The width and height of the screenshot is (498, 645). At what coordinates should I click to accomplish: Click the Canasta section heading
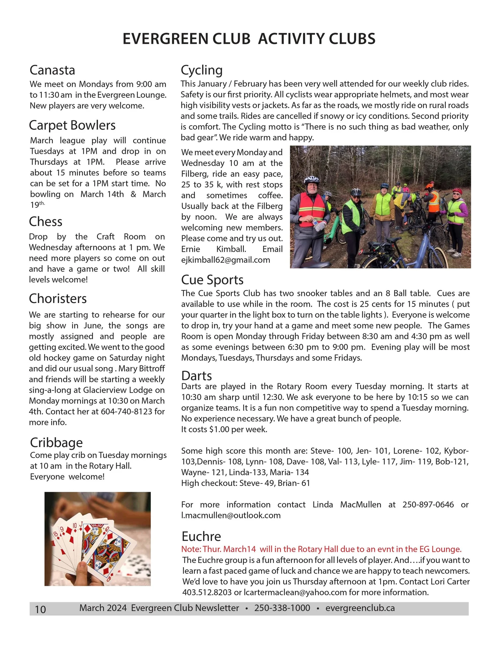coord(52,70)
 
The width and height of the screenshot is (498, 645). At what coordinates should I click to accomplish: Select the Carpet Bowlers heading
coord(72,125)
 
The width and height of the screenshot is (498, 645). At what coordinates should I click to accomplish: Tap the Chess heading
coord(45,222)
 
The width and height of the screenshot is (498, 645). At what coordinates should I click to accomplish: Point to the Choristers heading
coord(58,298)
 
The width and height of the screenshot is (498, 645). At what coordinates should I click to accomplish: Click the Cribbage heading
coord(56,443)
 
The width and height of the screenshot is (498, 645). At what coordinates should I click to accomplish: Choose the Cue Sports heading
coord(212,280)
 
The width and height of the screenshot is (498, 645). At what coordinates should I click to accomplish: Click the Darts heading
coord(197,376)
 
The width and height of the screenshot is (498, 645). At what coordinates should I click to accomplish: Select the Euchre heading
coord(201,536)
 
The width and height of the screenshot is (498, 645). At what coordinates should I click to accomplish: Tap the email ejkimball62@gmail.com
coord(225,260)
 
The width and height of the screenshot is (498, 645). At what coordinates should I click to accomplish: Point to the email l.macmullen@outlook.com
coord(231,515)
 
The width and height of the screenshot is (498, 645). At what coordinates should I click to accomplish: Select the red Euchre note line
coord(321,549)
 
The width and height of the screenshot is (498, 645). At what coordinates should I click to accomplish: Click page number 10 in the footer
coord(40,609)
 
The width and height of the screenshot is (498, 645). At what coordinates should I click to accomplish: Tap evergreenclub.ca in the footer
coord(360,608)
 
